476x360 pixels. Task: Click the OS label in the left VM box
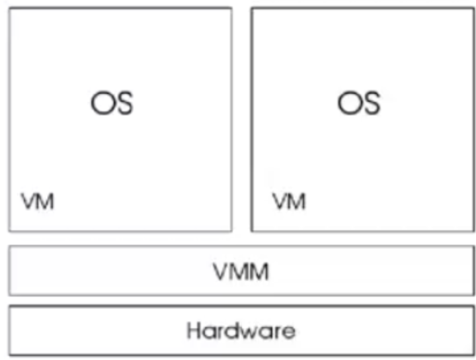coord(112,103)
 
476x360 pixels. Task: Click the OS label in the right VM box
coord(359,103)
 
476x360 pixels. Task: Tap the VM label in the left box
coord(37,201)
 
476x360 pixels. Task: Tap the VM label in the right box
coord(288,201)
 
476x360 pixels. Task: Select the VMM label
coord(241,271)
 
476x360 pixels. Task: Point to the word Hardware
coord(241,330)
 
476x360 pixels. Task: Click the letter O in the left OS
coord(102,103)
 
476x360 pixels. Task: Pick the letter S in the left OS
coord(123,103)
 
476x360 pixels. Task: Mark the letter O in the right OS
coord(349,103)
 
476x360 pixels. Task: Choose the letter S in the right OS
coord(370,103)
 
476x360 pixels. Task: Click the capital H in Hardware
coord(193,330)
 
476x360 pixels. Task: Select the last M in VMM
coord(260,271)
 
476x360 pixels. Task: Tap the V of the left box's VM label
coord(28,201)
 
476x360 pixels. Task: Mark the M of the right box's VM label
coord(297,201)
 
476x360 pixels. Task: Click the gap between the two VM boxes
coord(241,119)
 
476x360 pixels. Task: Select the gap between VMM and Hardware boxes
coord(241,300)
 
